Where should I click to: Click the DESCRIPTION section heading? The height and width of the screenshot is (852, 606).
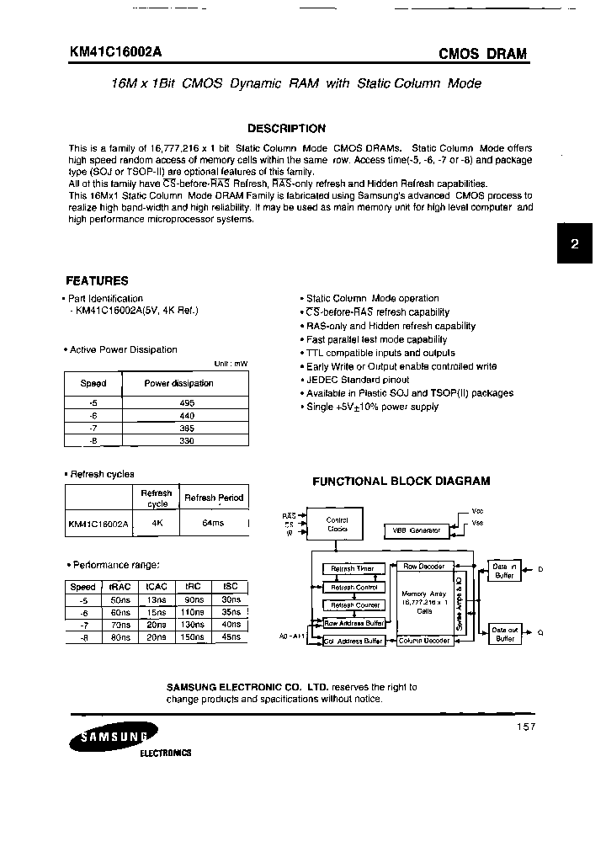[x=286, y=129]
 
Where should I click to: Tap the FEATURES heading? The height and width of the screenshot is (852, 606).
[x=97, y=281]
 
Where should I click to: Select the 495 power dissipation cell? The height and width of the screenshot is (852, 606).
[x=187, y=403]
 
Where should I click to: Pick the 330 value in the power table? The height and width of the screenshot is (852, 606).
[x=187, y=439]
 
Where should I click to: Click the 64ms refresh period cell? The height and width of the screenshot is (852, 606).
[x=213, y=523]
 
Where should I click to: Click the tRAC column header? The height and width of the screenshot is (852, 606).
[x=120, y=587]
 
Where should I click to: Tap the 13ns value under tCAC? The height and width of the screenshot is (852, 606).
[x=157, y=599]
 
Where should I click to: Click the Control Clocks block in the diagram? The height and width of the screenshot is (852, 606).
[x=337, y=525]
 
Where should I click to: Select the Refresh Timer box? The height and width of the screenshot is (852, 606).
[x=353, y=568]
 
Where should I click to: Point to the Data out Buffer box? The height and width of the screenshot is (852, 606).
[x=505, y=634]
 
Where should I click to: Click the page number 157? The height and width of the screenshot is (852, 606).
[x=523, y=727]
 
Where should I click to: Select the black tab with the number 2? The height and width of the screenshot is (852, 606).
[x=575, y=245]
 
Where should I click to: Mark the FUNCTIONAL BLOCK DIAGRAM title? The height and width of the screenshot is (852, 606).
[x=401, y=482]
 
